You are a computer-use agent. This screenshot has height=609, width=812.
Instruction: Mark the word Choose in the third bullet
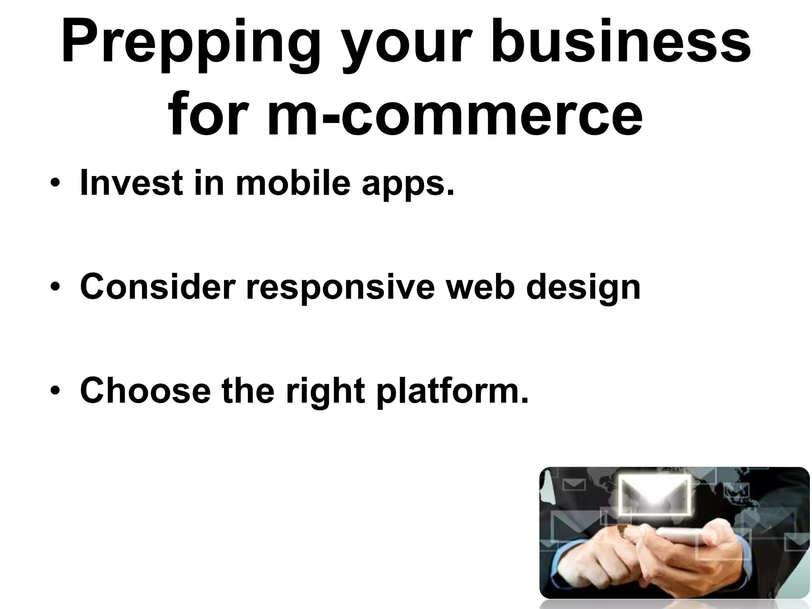click(x=145, y=390)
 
